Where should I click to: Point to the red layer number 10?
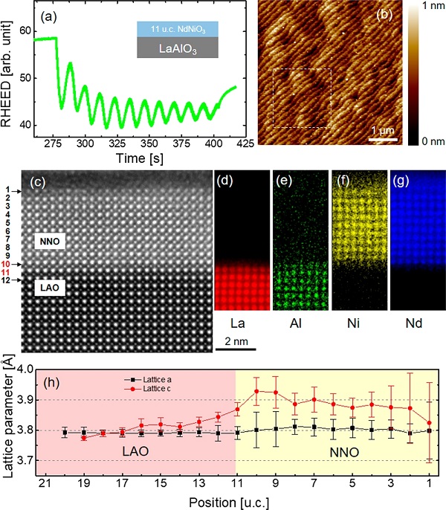click(6, 264)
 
